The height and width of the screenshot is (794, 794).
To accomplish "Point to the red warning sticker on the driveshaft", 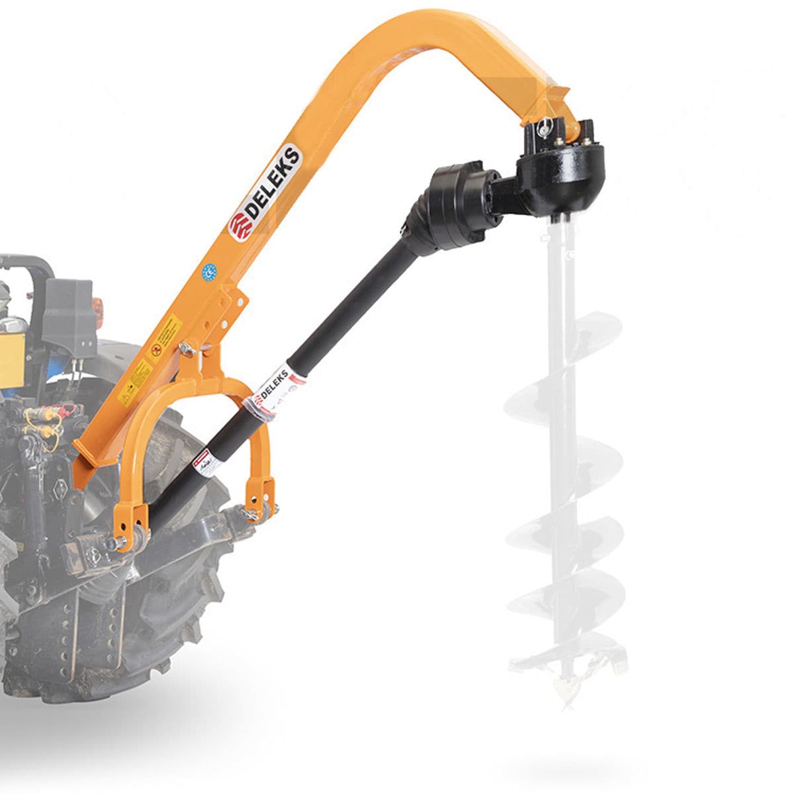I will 202,459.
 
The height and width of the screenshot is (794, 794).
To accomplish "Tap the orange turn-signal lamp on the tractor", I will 98,308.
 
